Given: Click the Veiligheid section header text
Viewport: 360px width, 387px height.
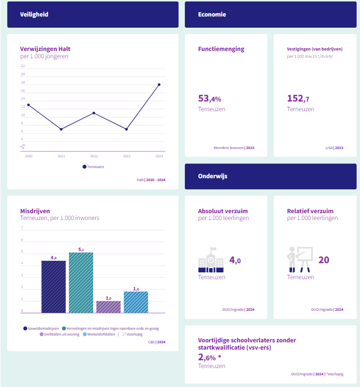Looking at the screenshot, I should click(x=34, y=15).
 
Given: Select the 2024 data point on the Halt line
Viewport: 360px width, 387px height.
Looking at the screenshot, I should click(x=159, y=84).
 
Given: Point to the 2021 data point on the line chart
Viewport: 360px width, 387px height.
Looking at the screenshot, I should click(x=61, y=129).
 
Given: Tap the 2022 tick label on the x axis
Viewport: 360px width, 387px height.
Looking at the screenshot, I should click(x=94, y=156).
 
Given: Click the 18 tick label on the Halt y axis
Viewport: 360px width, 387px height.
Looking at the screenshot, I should click(x=23, y=83).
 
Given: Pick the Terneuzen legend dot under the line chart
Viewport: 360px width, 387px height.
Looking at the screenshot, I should click(x=84, y=167).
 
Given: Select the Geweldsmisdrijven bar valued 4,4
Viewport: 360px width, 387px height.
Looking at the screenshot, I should click(x=53, y=286).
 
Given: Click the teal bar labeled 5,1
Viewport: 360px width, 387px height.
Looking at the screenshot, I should click(x=81, y=283).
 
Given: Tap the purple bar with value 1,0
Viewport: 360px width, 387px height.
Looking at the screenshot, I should click(x=108, y=307).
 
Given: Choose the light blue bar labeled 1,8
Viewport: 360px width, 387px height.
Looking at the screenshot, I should click(x=136, y=302).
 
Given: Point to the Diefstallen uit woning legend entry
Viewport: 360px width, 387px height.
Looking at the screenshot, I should click(x=61, y=334).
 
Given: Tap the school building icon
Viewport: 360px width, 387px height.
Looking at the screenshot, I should click(x=211, y=261).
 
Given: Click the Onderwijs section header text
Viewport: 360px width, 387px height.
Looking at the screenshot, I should click(x=213, y=176).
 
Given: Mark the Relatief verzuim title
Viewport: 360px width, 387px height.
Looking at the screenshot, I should click(x=310, y=211).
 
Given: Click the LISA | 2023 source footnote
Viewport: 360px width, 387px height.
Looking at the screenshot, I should click(x=334, y=148).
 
